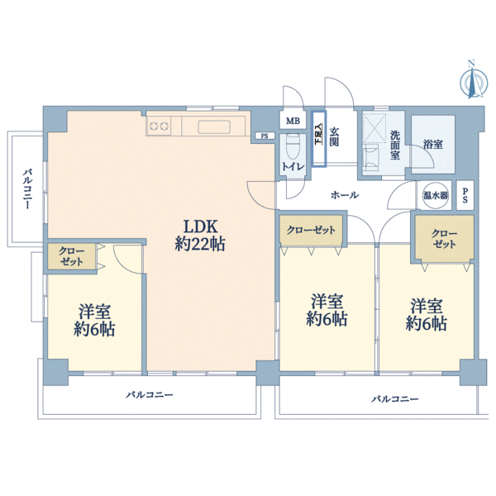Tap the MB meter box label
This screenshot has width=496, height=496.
tap(293, 121)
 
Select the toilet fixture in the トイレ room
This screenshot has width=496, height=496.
tap(293, 147)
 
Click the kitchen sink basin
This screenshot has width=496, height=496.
tap(214, 126)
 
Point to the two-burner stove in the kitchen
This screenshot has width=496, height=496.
tap(159, 126)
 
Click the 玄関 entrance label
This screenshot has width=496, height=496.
tap(334, 136)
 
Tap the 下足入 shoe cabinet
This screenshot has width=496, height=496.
tap(319, 139)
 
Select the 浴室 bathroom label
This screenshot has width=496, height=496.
tap(432, 145)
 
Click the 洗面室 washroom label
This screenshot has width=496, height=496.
tap(395, 145)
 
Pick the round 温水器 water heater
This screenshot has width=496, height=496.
tap(436, 195)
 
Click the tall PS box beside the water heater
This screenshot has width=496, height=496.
tap(465, 195)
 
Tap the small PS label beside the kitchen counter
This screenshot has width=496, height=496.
tap(265, 136)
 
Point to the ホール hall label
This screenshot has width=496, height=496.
tap(345, 195)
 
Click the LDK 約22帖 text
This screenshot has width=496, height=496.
tap(200, 236)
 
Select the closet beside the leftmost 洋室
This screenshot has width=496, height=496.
tap(71, 256)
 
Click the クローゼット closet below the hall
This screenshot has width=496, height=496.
tap(311, 230)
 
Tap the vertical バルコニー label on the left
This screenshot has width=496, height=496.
tap(27, 190)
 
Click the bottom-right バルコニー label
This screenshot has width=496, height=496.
tap(395, 399)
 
